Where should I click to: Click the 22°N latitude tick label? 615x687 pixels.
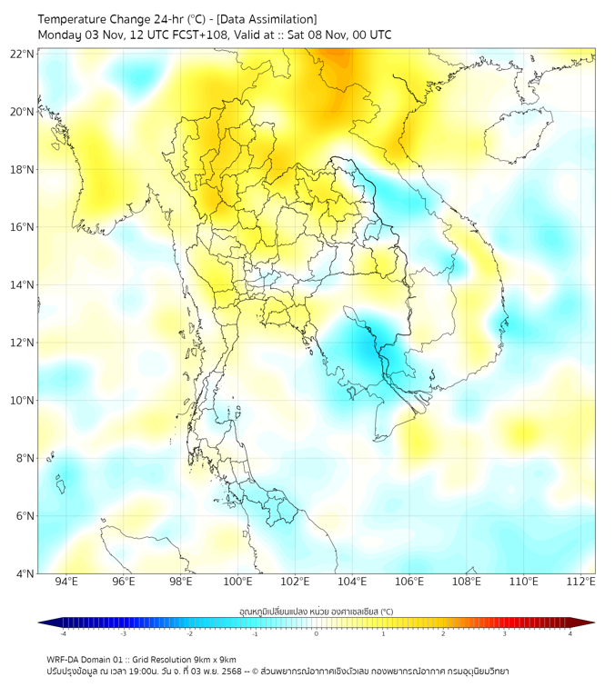pos(23,54)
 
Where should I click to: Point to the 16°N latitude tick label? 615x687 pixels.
pos(23,227)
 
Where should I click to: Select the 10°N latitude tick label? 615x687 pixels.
pos(23,401)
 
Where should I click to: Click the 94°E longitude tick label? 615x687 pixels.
pos(66,582)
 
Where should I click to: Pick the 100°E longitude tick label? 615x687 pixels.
pos(237,582)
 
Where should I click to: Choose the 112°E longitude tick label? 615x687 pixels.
pos(580,582)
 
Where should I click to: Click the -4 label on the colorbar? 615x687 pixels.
pos(63,633)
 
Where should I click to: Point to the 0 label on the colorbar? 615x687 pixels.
pos(317,633)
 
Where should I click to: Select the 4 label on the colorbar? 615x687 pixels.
pos(570,633)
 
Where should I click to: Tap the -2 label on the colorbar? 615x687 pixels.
pos(189,633)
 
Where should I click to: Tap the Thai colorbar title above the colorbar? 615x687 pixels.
pos(316,611)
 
